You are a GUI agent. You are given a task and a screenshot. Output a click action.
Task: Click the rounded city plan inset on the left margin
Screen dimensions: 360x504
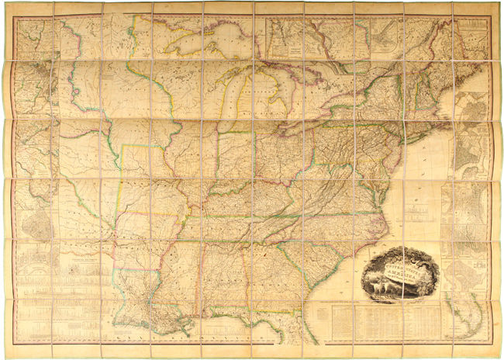[34, 225]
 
